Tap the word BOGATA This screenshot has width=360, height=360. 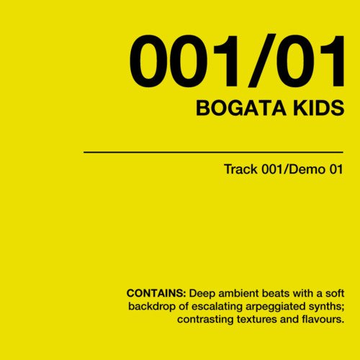pyautogui.click(x=241, y=108)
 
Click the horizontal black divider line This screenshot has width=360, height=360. pyautogui.click(x=213, y=152)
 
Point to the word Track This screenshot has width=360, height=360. pyautogui.click(x=240, y=169)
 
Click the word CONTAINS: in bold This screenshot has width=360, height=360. pyautogui.click(x=156, y=293)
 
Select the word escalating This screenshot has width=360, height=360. pyautogui.click(x=217, y=307)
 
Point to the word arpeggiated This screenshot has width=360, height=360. pyautogui.click(x=274, y=307)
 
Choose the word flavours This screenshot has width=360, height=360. pyautogui.click(x=323, y=320)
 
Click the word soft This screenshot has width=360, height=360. pyautogui.click(x=335, y=293)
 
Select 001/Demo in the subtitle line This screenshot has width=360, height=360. pyautogui.click(x=294, y=169)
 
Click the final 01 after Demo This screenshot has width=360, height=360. pyautogui.click(x=336, y=169)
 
